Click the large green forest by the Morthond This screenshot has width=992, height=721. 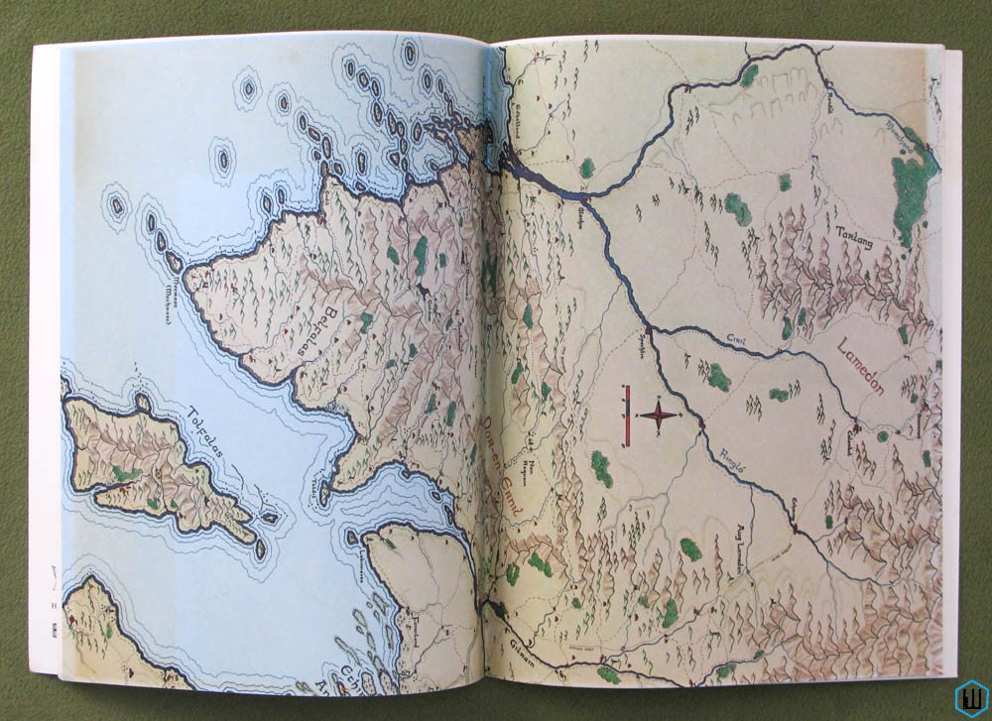tap(914, 188)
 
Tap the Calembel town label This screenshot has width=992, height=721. tap(851, 434)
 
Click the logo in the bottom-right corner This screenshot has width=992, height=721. tap(971, 698)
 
